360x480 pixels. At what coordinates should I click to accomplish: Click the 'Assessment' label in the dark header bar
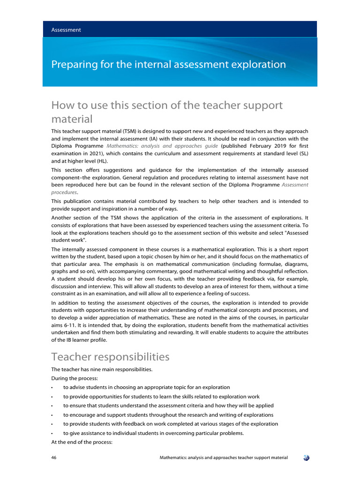[66, 30]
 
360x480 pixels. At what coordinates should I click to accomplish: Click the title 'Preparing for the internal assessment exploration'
[168, 64]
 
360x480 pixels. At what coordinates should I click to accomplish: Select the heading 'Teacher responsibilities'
[110, 357]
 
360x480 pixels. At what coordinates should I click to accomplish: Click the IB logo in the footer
[306, 457]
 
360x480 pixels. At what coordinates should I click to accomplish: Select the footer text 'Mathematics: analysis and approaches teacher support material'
[224, 457]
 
